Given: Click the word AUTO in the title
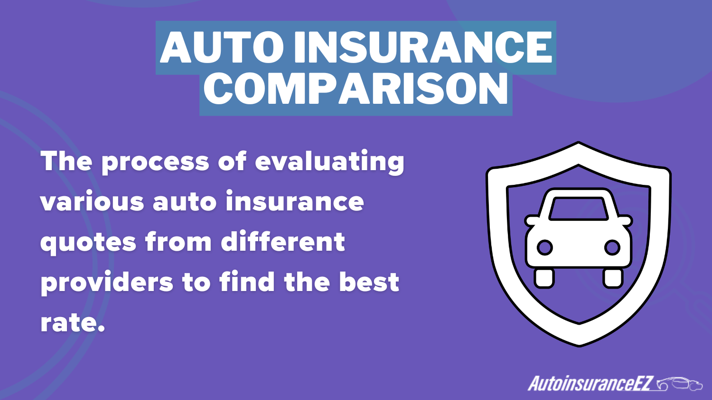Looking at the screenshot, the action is coord(222,47).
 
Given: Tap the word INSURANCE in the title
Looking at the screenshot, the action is coord(423,47).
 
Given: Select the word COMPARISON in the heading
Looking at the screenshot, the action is coord(356,88).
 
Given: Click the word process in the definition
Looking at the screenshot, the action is coord(155,163).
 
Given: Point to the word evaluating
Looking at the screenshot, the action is coord(329,162).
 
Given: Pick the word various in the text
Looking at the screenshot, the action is coord(92,201).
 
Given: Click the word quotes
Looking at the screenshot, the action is coord(88,243).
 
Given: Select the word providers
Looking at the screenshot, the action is coord(107,282).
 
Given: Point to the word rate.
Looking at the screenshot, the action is coord(73,323).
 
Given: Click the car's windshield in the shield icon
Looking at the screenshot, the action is coord(579,208).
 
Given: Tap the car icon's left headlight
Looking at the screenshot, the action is coord(544,247).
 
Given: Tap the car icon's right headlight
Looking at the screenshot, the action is coord(612,247).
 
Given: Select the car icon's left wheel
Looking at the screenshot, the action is coord(544,278).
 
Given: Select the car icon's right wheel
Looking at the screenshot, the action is coord(612,278).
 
